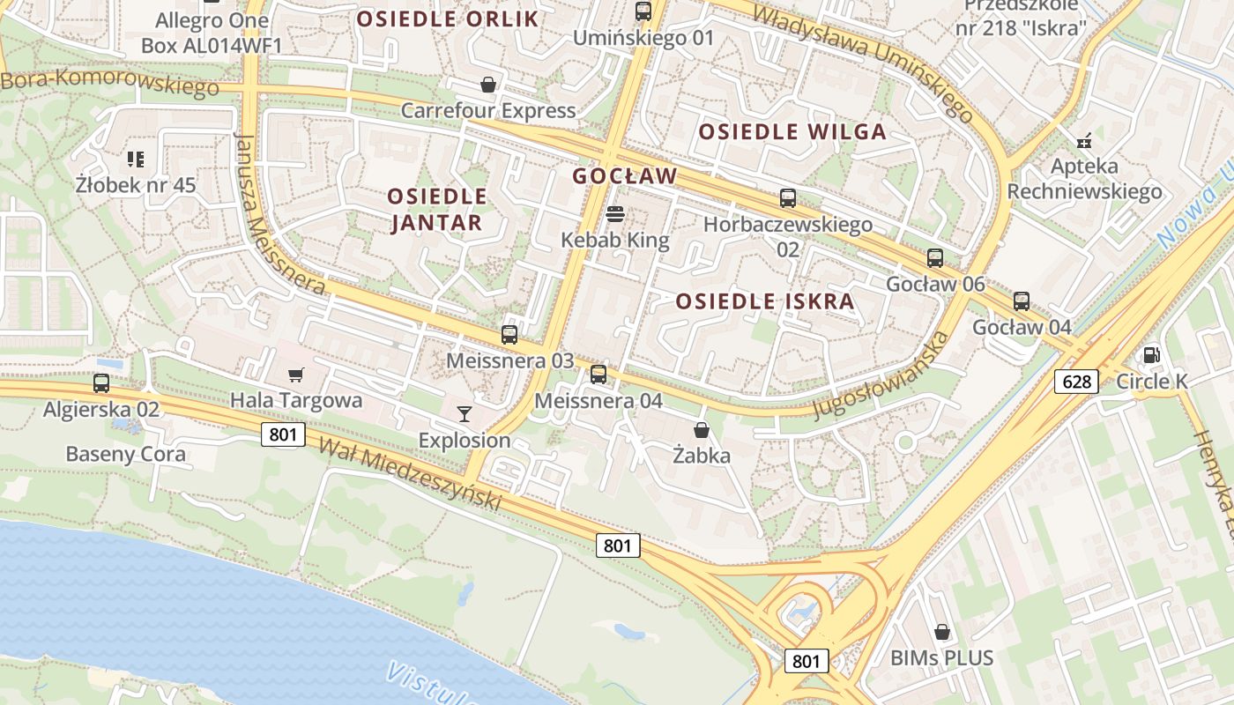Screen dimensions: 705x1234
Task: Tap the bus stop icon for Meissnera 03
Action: tap(509, 335)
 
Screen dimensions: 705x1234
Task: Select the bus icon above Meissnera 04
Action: tap(598, 375)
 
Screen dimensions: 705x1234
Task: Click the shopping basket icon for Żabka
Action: tap(702, 430)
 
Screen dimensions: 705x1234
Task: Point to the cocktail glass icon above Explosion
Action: tap(465, 413)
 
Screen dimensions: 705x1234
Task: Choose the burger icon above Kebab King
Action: tap(615, 214)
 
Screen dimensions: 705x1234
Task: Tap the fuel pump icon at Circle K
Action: tap(1151, 355)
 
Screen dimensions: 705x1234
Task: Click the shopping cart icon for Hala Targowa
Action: tap(296, 375)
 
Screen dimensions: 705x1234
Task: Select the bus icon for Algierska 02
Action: tap(101, 383)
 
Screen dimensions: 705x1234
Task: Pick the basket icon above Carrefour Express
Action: tap(488, 85)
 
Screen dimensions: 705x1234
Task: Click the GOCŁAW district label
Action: tap(625, 176)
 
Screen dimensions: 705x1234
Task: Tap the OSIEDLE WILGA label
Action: tap(792, 132)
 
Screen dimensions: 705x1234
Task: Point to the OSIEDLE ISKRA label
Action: tap(765, 301)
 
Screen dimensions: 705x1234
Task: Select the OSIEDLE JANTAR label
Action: tap(437, 209)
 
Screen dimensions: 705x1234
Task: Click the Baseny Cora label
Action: tap(126, 454)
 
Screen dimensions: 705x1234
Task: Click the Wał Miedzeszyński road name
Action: tap(410, 474)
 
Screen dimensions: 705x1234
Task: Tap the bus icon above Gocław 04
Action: tap(1022, 301)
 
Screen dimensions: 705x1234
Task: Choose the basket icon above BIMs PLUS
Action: tap(942, 632)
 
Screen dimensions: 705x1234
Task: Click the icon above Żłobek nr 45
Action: tap(136, 160)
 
